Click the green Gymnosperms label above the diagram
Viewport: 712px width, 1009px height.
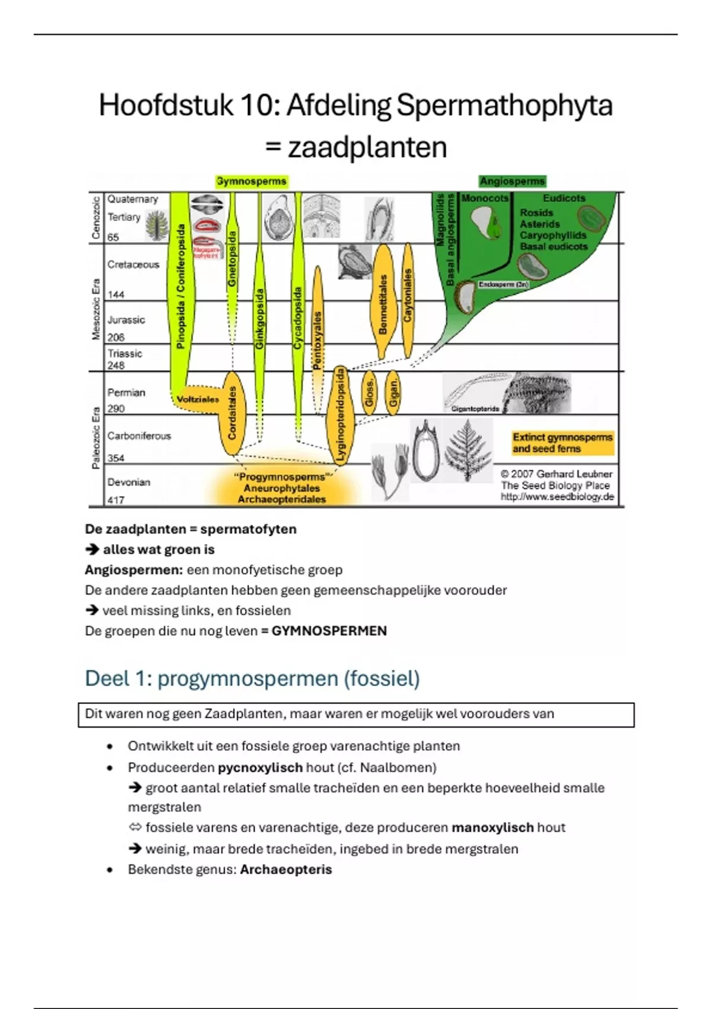click(x=252, y=181)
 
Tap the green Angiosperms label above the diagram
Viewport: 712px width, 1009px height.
click(x=512, y=181)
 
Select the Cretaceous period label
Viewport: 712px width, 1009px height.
click(x=133, y=265)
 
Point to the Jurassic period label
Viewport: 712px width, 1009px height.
click(x=126, y=320)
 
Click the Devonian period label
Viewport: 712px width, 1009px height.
click(x=129, y=482)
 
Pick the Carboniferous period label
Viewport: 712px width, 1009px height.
click(x=139, y=436)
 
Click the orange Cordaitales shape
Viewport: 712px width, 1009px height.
click(x=232, y=413)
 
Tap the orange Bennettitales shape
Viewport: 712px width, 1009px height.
click(x=383, y=303)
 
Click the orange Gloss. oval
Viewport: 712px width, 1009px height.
click(x=369, y=392)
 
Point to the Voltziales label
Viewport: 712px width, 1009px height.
click(x=198, y=399)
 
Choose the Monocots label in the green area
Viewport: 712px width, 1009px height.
click(x=485, y=198)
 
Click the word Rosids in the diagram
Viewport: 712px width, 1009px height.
click(x=536, y=212)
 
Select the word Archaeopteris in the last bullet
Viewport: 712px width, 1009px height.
click(x=286, y=870)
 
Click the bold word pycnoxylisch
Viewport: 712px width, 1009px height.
click(x=260, y=767)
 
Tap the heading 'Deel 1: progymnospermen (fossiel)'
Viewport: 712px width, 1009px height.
click(x=252, y=678)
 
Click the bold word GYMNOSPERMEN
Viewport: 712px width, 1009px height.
click(x=329, y=631)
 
